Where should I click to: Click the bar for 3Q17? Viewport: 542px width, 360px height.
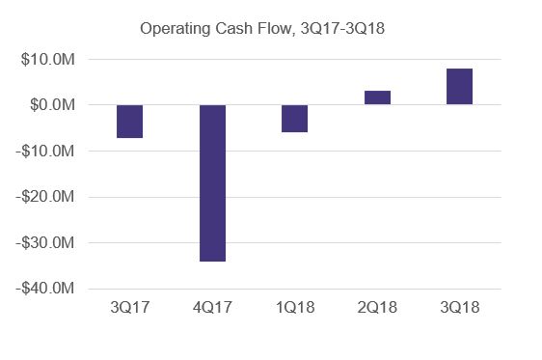click(129, 121)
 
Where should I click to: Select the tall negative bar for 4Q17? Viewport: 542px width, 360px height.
click(212, 182)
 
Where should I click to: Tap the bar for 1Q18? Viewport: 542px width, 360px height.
click(295, 118)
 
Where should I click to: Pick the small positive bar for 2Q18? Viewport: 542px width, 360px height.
click(377, 97)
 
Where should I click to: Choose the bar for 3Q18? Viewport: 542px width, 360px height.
click(460, 87)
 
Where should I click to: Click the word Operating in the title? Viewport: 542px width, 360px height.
click(174, 28)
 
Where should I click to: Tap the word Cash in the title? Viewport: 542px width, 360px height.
click(233, 28)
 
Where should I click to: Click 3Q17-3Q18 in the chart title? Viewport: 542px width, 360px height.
click(342, 28)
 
